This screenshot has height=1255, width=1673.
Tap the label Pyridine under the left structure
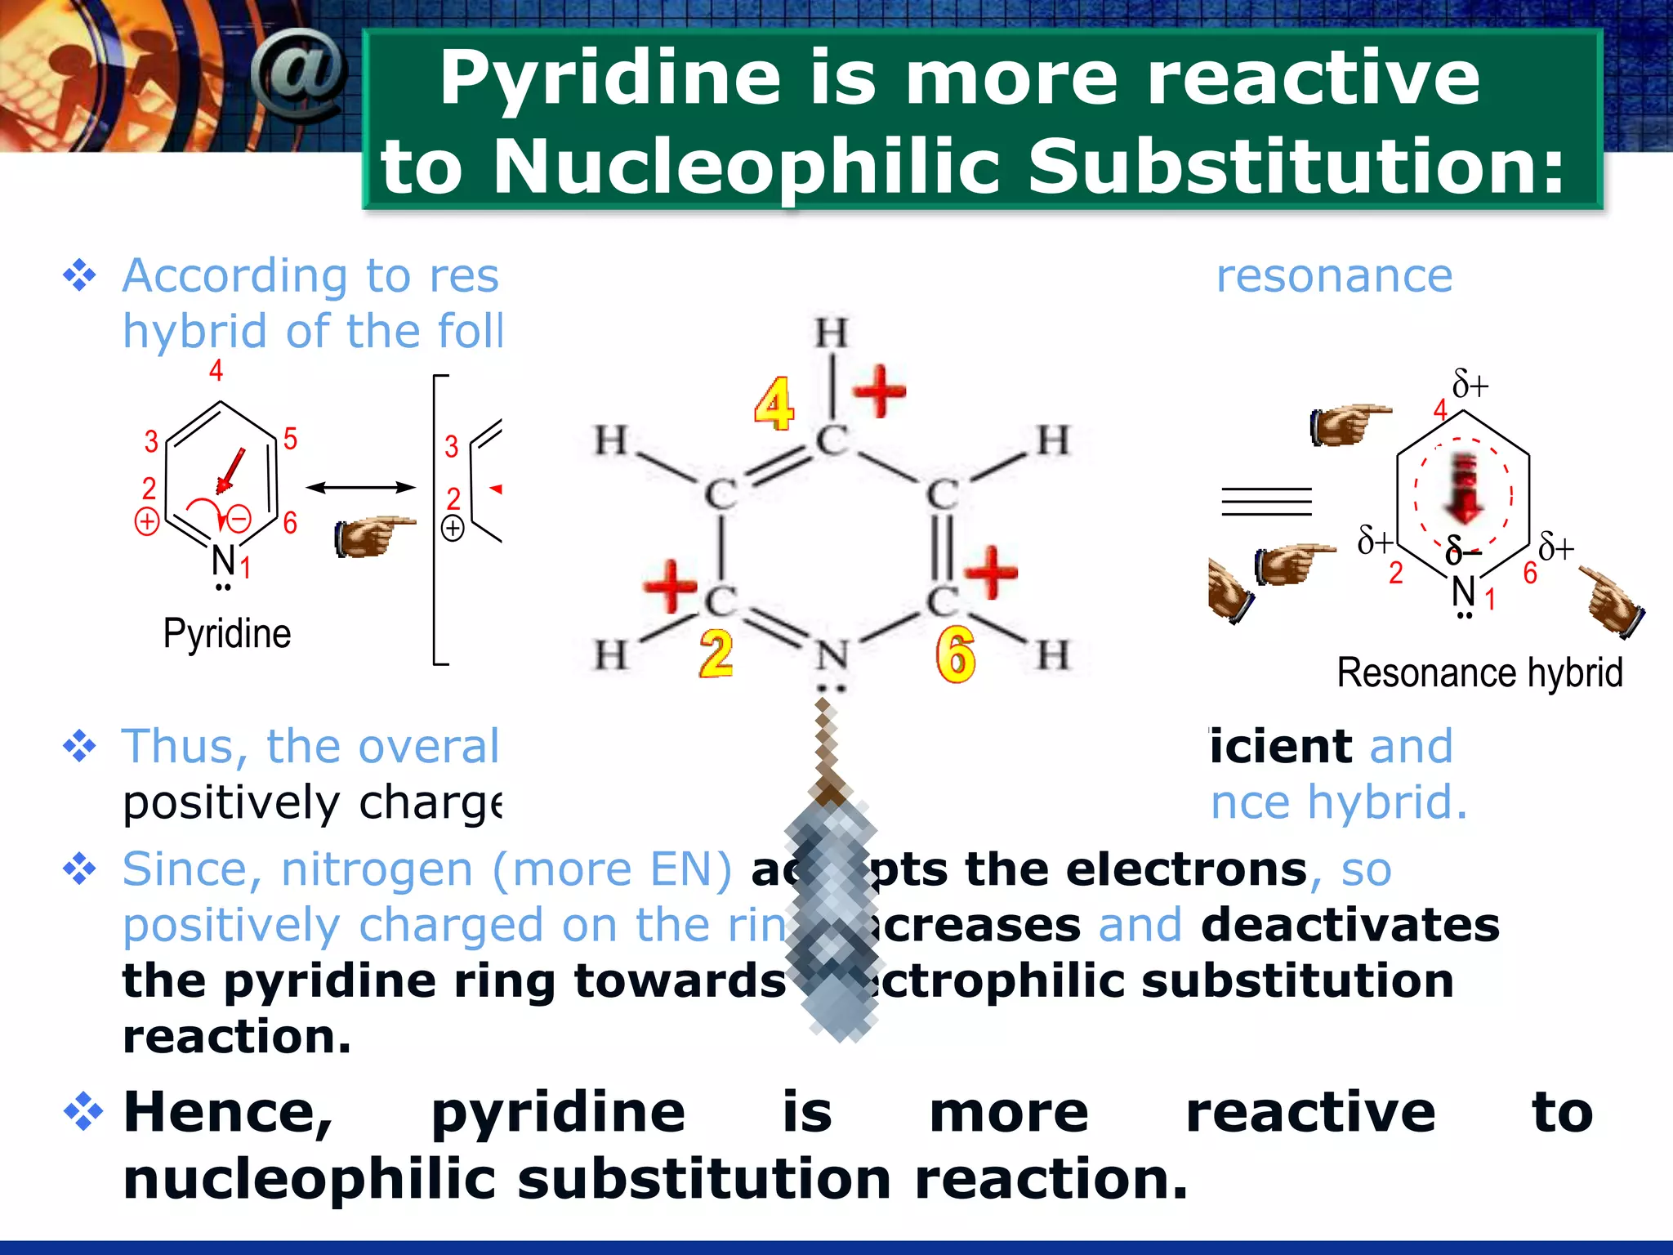[x=226, y=634]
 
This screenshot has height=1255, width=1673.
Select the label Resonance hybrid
[x=1479, y=673]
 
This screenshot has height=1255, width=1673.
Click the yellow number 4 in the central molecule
[x=773, y=404]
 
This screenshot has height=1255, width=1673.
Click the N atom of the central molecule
[x=832, y=654]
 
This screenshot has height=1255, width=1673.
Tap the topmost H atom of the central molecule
[x=832, y=333]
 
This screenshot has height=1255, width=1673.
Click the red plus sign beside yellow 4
[x=880, y=391]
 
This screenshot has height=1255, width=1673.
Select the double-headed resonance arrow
[x=360, y=488]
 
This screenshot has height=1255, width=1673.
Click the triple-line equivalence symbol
[x=1266, y=501]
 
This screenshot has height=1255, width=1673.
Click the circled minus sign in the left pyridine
[x=239, y=519]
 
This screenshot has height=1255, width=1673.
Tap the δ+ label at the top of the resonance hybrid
[x=1470, y=384]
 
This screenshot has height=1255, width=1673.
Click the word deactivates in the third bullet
[x=1350, y=925]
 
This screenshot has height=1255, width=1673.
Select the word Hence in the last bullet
[x=228, y=1113]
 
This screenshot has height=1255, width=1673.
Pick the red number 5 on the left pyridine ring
[x=290, y=440]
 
